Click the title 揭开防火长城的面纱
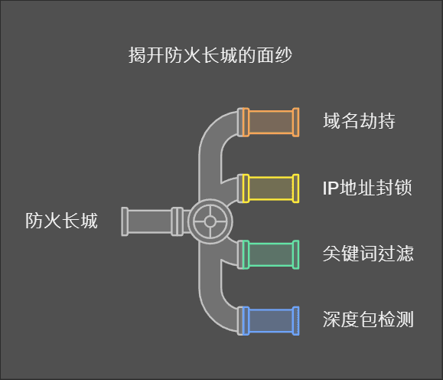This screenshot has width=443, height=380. pos(210,55)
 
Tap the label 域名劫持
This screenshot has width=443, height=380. pos(359,121)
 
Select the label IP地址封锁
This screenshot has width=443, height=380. pos(367,188)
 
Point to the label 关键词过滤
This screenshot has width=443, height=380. pos(368,254)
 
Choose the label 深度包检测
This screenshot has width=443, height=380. pos(368,319)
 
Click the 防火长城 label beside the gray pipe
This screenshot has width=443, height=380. pos(61,221)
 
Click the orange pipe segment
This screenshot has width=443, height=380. pos(271,123)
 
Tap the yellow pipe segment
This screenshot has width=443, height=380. pos(271,188)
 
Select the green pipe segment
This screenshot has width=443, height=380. pos(271,254)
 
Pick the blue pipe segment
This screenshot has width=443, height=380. pos(271,321)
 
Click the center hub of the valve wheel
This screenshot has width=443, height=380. pos(210,221)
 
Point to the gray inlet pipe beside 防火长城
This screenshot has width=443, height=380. pos(149,221)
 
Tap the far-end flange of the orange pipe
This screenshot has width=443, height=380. pos(296,123)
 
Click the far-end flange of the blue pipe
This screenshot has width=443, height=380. pos(296,321)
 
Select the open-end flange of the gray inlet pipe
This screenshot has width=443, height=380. pos(125,221)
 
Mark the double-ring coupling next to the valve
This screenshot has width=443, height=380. pos(178,221)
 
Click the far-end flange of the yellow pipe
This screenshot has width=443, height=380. pos(296,188)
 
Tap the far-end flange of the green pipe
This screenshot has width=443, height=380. pos(296,254)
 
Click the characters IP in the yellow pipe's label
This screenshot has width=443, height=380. pos(331,188)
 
